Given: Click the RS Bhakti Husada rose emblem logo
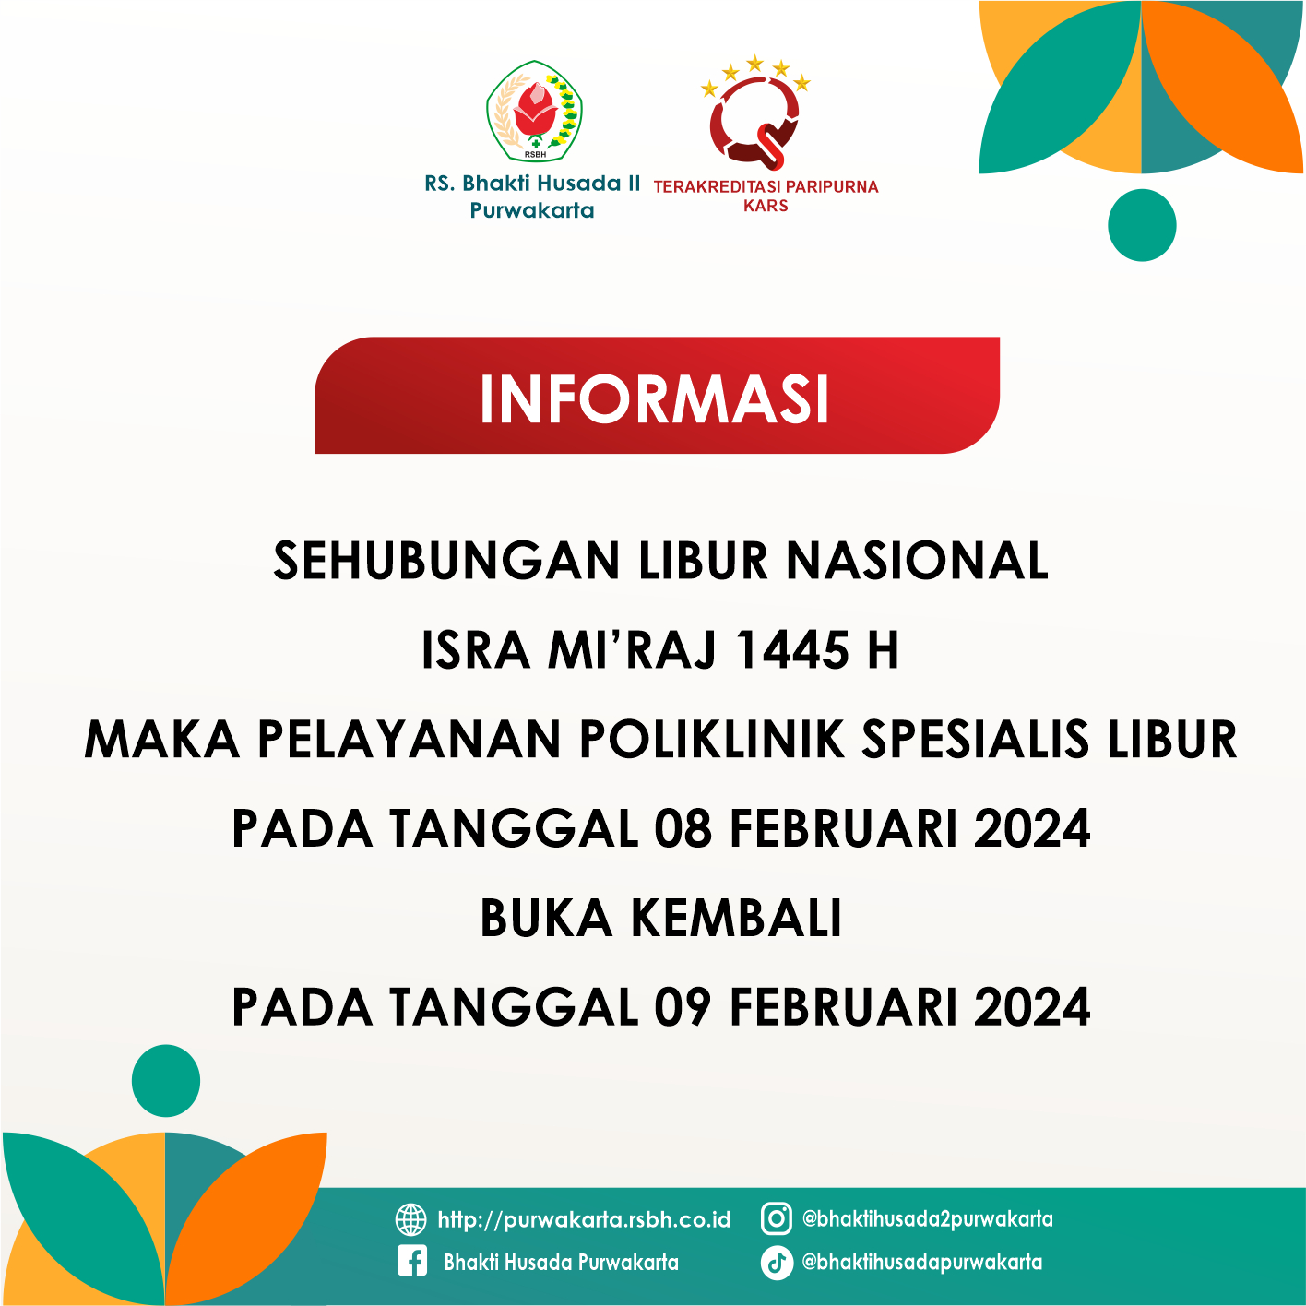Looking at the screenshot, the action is click(534, 112).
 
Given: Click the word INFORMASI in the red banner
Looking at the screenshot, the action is click(655, 399).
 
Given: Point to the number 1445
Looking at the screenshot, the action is click(792, 650).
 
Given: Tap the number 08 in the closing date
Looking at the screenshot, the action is click(683, 828).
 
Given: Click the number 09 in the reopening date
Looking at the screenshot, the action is click(683, 1007).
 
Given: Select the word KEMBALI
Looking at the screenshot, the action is click(737, 918).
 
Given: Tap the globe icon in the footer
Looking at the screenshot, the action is click(410, 1219).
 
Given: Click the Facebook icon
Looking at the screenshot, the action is click(411, 1262).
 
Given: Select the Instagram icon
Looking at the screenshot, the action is click(776, 1218).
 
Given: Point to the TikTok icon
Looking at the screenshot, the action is click(776, 1262).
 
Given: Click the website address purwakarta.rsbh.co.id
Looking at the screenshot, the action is click(584, 1220).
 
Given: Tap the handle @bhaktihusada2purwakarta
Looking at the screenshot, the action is click(927, 1218).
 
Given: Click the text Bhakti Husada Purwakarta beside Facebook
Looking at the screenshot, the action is click(561, 1262).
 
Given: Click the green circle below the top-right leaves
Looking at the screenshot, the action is click(1142, 225).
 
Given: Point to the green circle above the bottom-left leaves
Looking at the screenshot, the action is click(166, 1080).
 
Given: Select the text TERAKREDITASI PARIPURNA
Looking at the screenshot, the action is click(766, 186).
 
